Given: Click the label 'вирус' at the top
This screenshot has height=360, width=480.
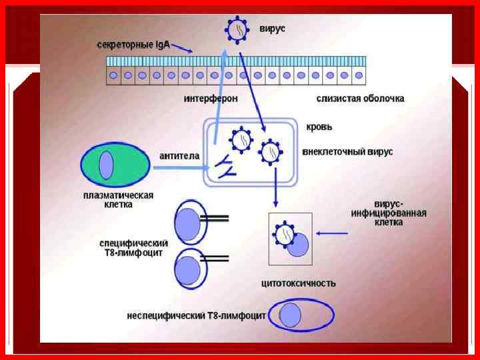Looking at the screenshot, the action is [x=272, y=29].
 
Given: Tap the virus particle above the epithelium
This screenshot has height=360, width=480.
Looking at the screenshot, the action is [x=237, y=30].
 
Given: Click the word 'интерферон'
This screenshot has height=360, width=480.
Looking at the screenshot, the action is [x=211, y=99].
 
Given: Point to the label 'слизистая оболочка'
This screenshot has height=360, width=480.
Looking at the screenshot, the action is [x=360, y=99].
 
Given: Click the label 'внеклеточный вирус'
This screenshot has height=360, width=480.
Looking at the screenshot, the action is [x=347, y=152].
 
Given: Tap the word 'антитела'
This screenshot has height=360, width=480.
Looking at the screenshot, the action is [x=179, y=156].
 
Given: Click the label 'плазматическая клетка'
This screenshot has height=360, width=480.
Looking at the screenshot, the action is [x=118, y=200].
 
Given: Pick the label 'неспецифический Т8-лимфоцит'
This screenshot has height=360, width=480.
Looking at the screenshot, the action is [x=196, y=315].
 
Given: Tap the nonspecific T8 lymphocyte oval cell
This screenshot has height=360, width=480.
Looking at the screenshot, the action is [x=301, y=315].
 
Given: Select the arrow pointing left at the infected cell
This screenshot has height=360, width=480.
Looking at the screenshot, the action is [x=333, y=233].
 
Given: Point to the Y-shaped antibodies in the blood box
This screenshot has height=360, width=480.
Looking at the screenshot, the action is [x=223, y=166].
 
